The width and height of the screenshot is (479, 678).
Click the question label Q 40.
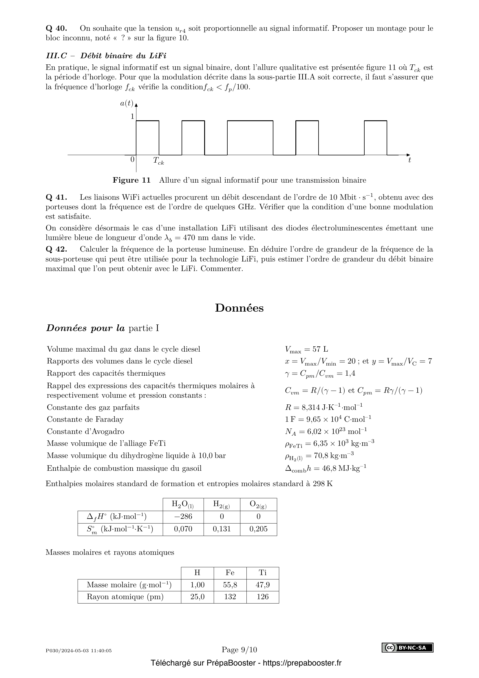[x=56, y=28]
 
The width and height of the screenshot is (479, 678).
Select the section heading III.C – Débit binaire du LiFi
[x=106, y=56]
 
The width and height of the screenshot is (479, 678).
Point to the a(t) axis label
[x=127, y=103]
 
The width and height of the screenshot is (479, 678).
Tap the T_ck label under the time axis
[x=158, y=161]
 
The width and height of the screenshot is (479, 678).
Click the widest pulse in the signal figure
[x=250, y=137]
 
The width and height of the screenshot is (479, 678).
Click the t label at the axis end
[x=409, y=160]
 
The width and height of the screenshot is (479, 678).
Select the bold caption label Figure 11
[x=131, y=180]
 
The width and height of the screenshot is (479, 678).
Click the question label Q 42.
[x=56, y=249]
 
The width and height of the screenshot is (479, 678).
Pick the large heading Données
[x=239, y=308]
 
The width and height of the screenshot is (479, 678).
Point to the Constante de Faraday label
[x=85, y=419]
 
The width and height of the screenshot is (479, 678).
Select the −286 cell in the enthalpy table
[x=183, y=517]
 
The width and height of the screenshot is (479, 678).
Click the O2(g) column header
[x=258, y=504]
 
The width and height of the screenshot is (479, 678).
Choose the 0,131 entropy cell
[x=222, y=529]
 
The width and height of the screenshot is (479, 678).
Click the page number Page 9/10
[x=239, y=650]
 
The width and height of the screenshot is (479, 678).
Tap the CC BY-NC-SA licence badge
[x=407, y=648]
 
